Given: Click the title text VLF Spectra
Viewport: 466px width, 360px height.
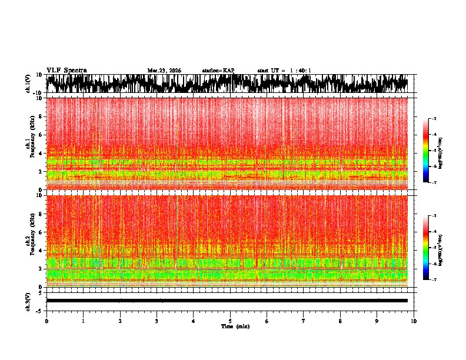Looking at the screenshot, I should [x=66, y=70].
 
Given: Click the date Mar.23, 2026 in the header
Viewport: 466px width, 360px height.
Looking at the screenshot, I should [x=164, y=71].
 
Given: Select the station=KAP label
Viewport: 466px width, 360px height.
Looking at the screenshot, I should [x=218, y=71].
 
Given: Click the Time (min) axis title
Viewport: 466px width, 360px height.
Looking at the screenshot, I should [x=235, y=326].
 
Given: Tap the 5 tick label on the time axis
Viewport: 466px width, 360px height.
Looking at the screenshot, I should [x=230, y=321].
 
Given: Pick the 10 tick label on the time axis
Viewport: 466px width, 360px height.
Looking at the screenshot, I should [x=414, y=321].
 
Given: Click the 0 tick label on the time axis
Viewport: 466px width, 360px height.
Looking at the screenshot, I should [x=46, y=321].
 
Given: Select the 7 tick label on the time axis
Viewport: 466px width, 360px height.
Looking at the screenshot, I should [x=304, y=321].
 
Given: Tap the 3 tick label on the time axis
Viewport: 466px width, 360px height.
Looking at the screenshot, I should [x=157, y=321].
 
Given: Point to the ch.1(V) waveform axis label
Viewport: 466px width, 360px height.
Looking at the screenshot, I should [x=28, y=84].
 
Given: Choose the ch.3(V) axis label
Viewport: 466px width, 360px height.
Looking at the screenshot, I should [x=28, y=300].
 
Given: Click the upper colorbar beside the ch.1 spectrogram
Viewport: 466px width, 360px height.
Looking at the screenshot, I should [x=426, y=151].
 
